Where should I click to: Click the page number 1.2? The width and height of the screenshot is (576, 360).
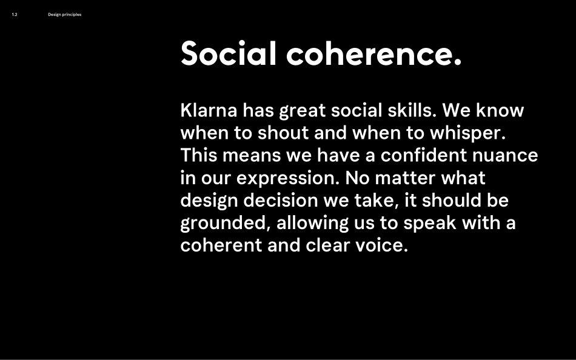click(15, 15)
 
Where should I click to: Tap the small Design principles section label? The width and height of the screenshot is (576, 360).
click(64, 15)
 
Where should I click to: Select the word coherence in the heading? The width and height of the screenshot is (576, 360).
click(373, 53)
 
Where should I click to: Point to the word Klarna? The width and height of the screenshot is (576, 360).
click(209, 111)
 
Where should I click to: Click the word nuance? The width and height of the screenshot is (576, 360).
click(512, 156)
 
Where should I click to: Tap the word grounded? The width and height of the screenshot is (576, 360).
click(224, 223)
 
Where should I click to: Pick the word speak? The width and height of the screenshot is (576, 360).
click(430, 223)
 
